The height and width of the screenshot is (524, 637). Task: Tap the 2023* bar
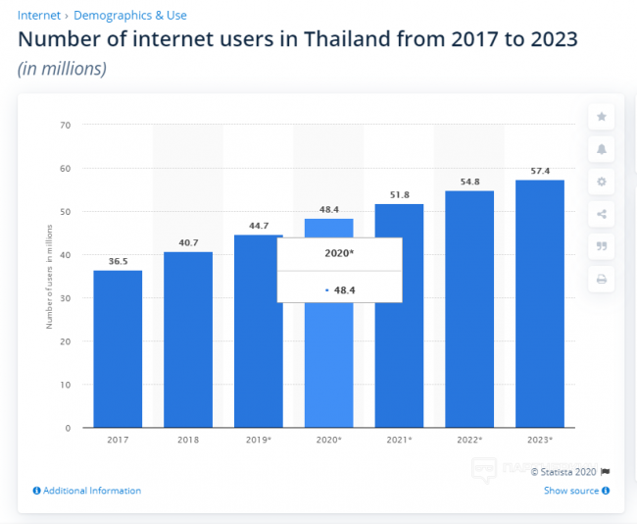[540, 303]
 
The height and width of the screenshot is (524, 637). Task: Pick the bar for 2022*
[469, 309]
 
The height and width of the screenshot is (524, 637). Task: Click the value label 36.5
[118, 261]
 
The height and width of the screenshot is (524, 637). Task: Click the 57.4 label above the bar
[540, 171]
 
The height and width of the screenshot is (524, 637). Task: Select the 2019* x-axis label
[259, 440]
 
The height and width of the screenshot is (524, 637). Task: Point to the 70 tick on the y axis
[66, 126]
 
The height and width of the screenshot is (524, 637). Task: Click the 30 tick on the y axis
[66, 298]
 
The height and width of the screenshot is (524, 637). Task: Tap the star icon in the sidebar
[602, 117]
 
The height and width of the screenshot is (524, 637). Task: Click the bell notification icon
[602, 149]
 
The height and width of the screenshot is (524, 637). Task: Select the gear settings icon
[602, 182]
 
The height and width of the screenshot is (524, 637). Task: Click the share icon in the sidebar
[602, 214]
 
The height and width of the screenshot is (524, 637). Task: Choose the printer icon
[602, 280]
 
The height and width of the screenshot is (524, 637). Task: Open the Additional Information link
[91, 491]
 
